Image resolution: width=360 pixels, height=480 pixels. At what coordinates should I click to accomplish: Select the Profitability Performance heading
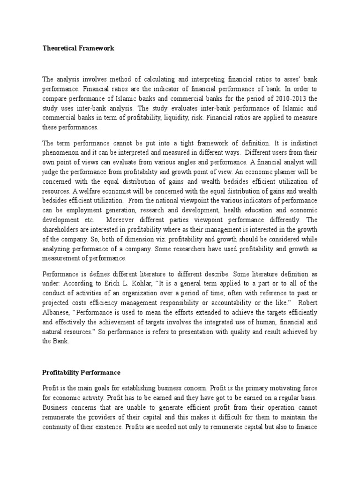82,373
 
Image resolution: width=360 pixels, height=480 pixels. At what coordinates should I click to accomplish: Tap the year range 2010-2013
280,98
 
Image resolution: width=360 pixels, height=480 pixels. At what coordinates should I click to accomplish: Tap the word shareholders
64,229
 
